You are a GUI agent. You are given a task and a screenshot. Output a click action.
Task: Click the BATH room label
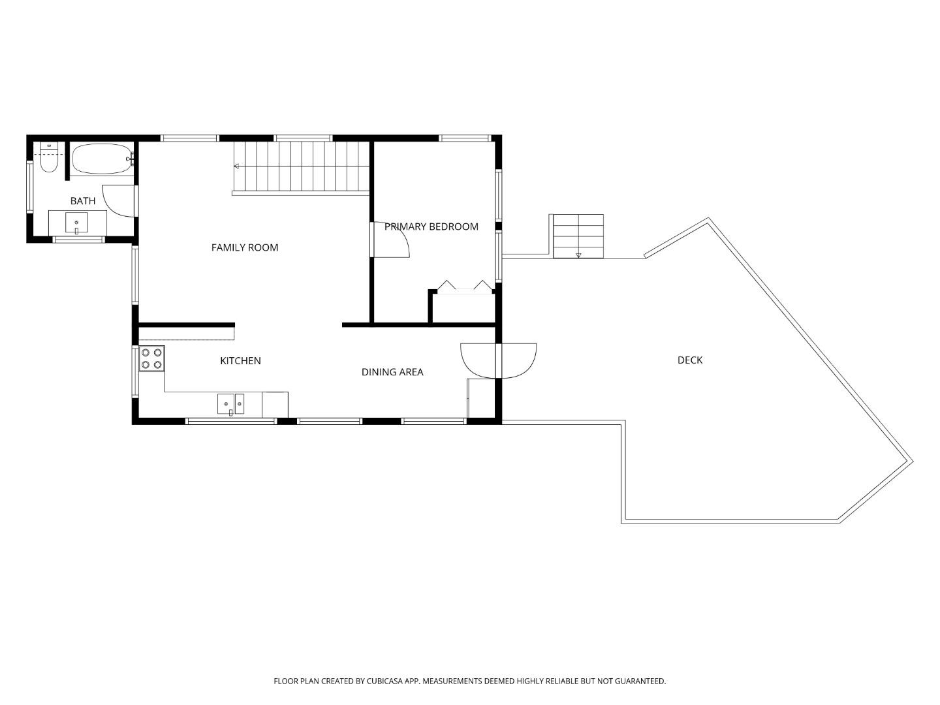click(83, 201)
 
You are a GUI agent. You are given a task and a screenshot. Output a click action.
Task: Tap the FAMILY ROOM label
click(245, 247)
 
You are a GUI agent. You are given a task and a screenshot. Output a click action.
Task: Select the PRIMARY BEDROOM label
click(431, 227)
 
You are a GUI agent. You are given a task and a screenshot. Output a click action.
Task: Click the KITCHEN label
click(240, 360)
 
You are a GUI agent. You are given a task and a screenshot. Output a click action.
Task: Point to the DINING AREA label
click(392, 372)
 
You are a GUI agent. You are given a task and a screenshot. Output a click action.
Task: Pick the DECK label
click(690, 360)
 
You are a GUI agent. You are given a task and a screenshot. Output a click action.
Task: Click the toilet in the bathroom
click(48, 157)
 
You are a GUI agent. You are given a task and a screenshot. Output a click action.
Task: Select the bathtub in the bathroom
click(101, 159)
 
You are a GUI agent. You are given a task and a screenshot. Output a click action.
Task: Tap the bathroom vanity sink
click(76, 221)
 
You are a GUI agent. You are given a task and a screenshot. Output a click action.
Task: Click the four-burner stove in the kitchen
click(152, 358)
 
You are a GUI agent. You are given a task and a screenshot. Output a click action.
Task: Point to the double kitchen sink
click(231, 404)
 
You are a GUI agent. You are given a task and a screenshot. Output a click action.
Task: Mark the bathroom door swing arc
click(119, 200)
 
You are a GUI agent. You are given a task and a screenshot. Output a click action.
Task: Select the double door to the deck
click(498, 361)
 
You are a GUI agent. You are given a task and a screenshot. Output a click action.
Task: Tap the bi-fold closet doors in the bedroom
click(464, 287)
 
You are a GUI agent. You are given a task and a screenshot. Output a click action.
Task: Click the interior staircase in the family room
click(302, 167)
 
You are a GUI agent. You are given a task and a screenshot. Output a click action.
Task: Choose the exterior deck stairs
click(578, 236)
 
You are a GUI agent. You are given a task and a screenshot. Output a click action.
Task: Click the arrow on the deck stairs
click(578, 255)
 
